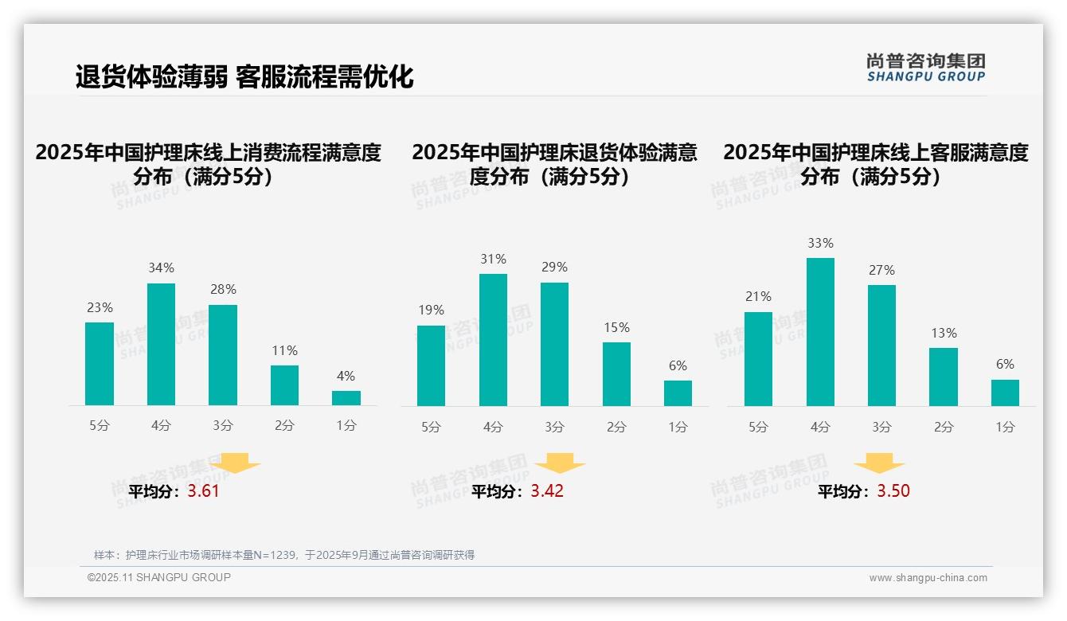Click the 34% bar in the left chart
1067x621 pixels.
pyautogui.click(x=161, y=344)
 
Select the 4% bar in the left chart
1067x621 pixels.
pyautogui.click(x=346, y=398)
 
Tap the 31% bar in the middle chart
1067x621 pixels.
pyautogui.click(x=493, y=340)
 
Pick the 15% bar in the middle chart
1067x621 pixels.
pyautogui.click(x=616, y=374)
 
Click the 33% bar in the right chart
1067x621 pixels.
pyautogui.click(x=820, y=332)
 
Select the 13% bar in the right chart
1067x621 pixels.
pyautogui.click(x=944, y=377)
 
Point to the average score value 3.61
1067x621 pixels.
pyautogui.click(x=203, y=491)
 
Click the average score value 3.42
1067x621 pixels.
pyautogui.click(x=547, y=491)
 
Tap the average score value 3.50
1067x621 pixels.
pyautogui.click(x=893, y=491)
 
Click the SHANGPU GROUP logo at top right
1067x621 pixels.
pyautogui.click(x=925, y=68)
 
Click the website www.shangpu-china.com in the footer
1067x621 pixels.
pyautogui.click(x=928, y=578)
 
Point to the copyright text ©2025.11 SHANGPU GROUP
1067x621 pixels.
pyautogui.click(x=159, y=577)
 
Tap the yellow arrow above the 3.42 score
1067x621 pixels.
pyautogui.click(x=560, y=463)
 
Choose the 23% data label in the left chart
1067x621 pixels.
pyautogui.click(x=100, y=307)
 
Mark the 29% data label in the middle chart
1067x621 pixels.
pyautogui.click(x=554, y=268)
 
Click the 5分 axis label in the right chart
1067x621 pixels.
pyautogui.click(x=758, y=427)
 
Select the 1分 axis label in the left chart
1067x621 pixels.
pyautogui.click(x=346, y=426)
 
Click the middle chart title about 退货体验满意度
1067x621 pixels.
pyautogui.click(x=554, y=164)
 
